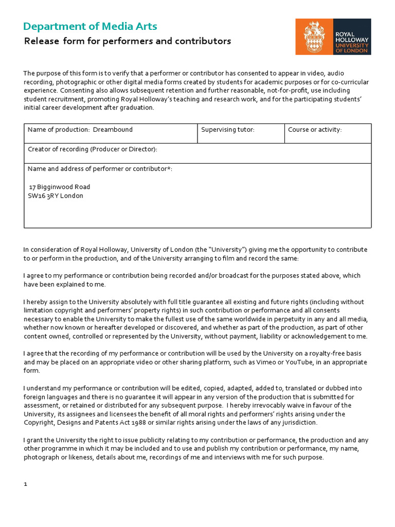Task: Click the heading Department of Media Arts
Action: coord(91,26)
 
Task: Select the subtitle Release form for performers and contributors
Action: coord(128,41)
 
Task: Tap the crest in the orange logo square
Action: coord(314,37)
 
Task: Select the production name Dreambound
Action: coord(113,130)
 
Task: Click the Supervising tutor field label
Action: coord(227,130)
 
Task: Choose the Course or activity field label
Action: coord(315,130)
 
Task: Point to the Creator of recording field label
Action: coord(93,149)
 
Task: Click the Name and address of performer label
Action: coord(100,169)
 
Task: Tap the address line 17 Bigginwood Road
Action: coord(60,187)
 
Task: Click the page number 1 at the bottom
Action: coord(25,485)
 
